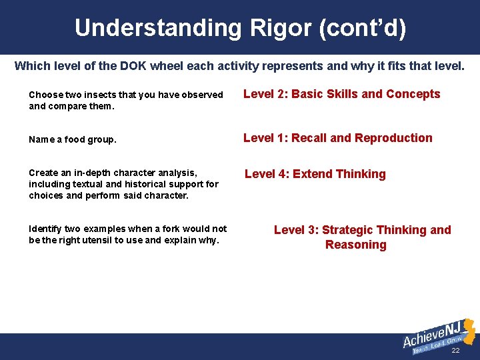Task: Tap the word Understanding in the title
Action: tap(157, 28)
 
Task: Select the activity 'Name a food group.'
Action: tap(73, 140)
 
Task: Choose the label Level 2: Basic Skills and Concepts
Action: tap(341, 94)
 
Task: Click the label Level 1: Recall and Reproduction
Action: tap(337, 138)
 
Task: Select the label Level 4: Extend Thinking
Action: tap(315, 174)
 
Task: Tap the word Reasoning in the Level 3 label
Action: tap(355, 245)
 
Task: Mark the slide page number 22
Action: tap(455, 351)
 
